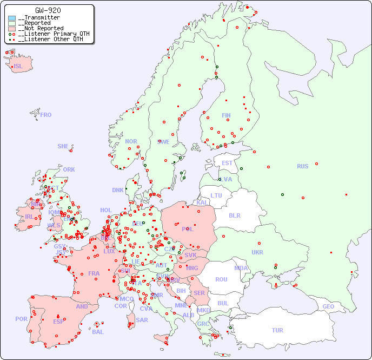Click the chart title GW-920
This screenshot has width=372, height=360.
tap(48, 10)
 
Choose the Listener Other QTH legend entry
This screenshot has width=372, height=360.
tap(50, 39)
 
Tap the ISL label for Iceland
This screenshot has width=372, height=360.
tap(18, 67)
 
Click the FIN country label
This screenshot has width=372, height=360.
tap(226, 115)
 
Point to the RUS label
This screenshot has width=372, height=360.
tap(302, 166)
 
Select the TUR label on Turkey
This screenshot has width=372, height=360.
tap(277, 330)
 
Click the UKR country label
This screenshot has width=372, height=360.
tap(257, 252)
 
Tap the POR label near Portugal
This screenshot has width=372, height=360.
tap(21, 319)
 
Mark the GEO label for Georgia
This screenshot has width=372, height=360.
tap(328, 306)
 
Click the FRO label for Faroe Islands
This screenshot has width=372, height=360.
tap(46, 115)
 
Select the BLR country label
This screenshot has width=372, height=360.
tap(234, 215)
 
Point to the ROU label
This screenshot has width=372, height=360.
tap(221, 279)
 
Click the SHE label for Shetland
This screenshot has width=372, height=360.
tap(63, 146)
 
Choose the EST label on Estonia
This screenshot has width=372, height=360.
tap(227, 163)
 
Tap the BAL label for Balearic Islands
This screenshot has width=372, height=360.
tap(98, 332)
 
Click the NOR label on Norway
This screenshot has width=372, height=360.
tap(131, 141)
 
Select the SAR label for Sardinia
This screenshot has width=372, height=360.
tap(142, 320)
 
